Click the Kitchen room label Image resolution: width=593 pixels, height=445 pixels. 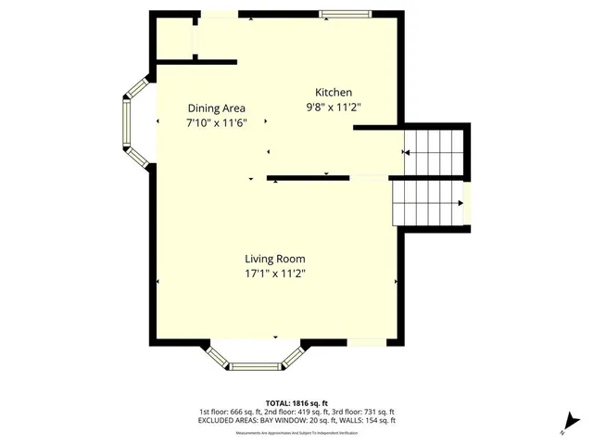pyautogui.click(x=334, y=92)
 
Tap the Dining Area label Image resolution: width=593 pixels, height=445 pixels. pyautogui.click(x=216, y=107)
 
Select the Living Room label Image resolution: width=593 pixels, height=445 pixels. pyautogui.click(x=275, y=259)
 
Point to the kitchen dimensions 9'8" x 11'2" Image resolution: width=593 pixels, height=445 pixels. pyautogui.click(x=334, y=107)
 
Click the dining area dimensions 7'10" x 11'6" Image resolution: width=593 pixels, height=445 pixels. pyautogui.click(x=216, y=121)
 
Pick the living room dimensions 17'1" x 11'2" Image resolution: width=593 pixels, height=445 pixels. pyautogui.click(x=275, y=273)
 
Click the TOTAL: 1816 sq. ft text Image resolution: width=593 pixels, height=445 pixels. pyautogui.click(x=296, y=403)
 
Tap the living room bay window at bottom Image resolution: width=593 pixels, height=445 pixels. pyautogui.click(x=255, y=357)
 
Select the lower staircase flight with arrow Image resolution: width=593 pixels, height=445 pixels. pyautogui.click(x=426, y=202)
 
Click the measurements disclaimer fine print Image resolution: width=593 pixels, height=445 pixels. pyautogui.click(x=296, y=432)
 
